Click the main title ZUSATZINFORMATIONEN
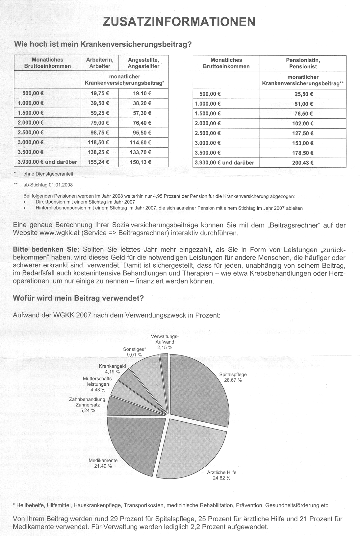click(x=179, y=22)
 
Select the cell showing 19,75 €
click(x=100, y=93)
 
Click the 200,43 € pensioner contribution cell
click(x=303, y=163)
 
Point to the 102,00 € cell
click(x=303, y=124)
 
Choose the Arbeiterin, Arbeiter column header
click(x=100, y=63)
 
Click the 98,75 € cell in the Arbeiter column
click(x=100, y=133)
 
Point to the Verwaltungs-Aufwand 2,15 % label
click(x=165, y=342)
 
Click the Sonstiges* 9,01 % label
click(x=134, y=352)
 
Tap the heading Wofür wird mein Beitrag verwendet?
click(x=78, y=299)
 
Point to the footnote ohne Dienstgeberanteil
click(x=48, y=173)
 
